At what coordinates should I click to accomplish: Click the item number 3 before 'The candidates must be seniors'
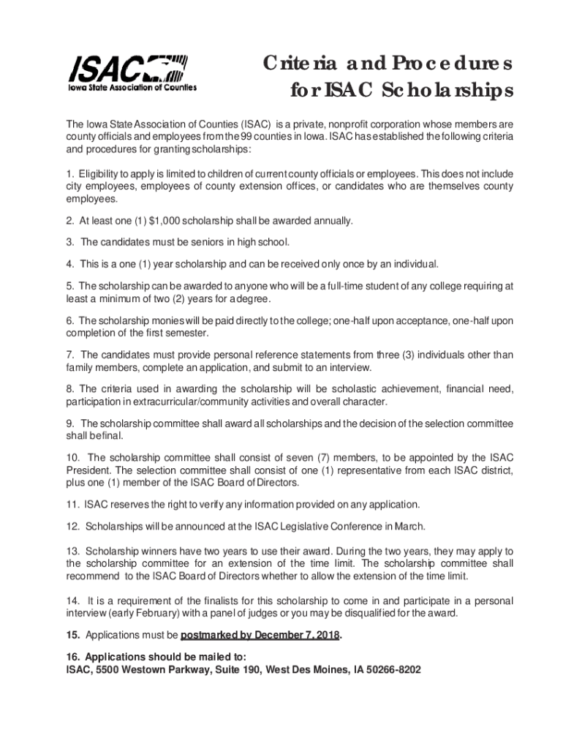coord(68,241)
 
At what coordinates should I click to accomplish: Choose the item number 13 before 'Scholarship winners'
coord(72,550)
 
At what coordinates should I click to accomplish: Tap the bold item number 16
coord(72,655)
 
